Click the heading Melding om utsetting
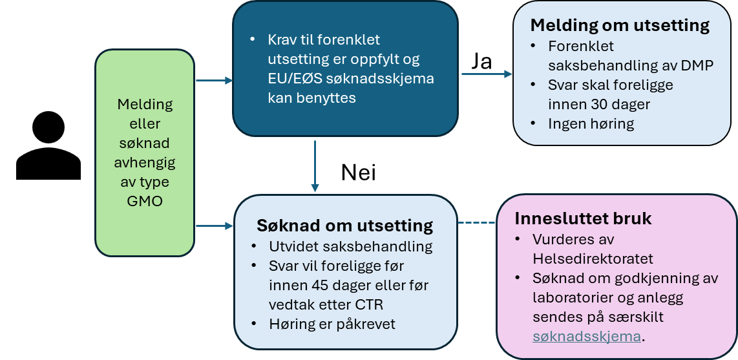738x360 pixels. (620, 26)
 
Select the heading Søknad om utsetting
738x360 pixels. (344, 226)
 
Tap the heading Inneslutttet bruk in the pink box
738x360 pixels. (583, 218)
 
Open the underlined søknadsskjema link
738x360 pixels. (587, 336)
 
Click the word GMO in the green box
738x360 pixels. (145, 201)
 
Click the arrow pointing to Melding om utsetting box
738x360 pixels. (487, 74)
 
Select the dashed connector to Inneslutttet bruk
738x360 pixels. (476, 223)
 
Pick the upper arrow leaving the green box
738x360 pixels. (213, 80)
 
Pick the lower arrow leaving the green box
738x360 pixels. (213, 226)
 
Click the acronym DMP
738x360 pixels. (699, 65)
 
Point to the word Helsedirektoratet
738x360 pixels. (593, 259)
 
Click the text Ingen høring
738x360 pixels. (591, 123)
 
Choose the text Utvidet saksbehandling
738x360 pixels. (350, 247)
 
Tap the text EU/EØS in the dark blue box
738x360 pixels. (290, 79)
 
